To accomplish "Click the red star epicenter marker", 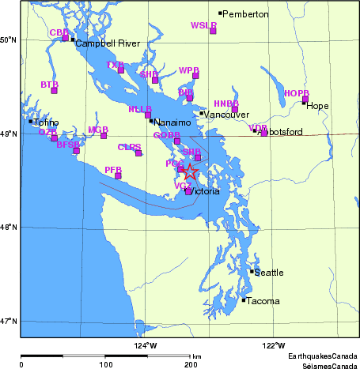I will point(191,172).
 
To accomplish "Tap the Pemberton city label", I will point(247,14).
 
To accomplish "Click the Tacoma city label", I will point(260,301).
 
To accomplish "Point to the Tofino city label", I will point(46,122).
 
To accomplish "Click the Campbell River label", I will point(102,43).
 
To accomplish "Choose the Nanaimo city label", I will point(172,123).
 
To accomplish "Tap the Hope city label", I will point(316,106).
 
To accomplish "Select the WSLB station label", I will point(203,25).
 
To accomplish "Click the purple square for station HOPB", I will point(305,100).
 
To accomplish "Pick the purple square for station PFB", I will point(118,175).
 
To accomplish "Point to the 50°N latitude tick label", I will point(9,40).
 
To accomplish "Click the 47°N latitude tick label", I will point(9,321).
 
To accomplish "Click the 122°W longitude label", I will point(274,345).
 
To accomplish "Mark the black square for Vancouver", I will point(202,113).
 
